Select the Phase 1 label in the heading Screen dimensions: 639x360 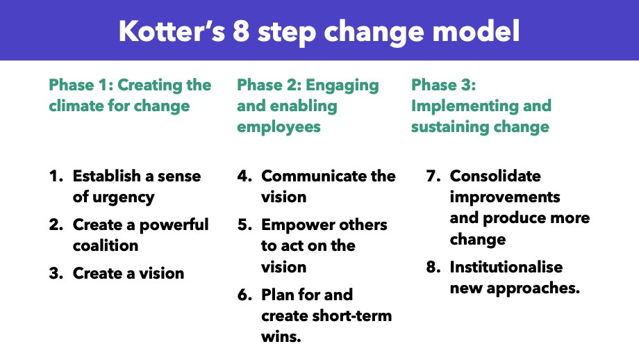[x=80, y=85]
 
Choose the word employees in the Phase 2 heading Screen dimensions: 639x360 [x=279, y=127]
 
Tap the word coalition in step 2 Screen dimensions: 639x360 [x=106, y=245]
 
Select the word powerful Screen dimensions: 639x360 [x=174, y=225]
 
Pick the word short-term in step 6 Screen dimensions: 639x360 [x=349, y=316]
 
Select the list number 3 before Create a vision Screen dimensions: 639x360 [x=56, y=273]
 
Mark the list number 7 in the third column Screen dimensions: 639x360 [x=432, y=177]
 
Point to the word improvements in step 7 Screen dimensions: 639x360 [x=505, y=197]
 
